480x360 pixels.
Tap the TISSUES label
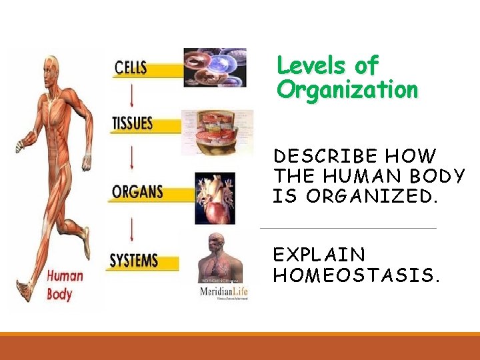(x=133, y=123)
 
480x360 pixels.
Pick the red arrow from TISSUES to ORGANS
(x=132, y=157)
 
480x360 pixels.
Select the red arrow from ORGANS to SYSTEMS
(x=133, y=226)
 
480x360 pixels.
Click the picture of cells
(x=215, y=67)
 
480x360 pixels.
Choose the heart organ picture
(x=215, y=197)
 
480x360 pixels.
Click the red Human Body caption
(x=65, y=285)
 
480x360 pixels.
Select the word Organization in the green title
(x=347, y=89)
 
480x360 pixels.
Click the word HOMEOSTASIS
(x=357, y=275)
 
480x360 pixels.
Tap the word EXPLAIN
(x=319, y=255)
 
